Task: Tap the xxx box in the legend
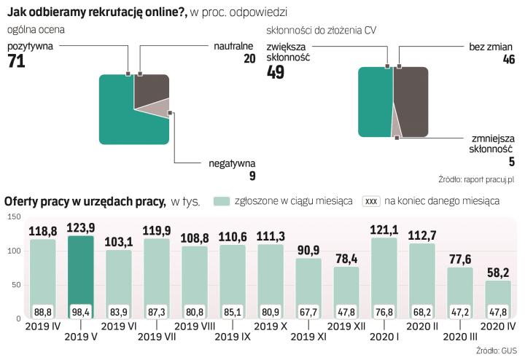(371, 201)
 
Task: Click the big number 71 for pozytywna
(17, 63)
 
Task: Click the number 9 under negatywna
(252, 176)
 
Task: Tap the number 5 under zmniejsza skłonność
(512, 163)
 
